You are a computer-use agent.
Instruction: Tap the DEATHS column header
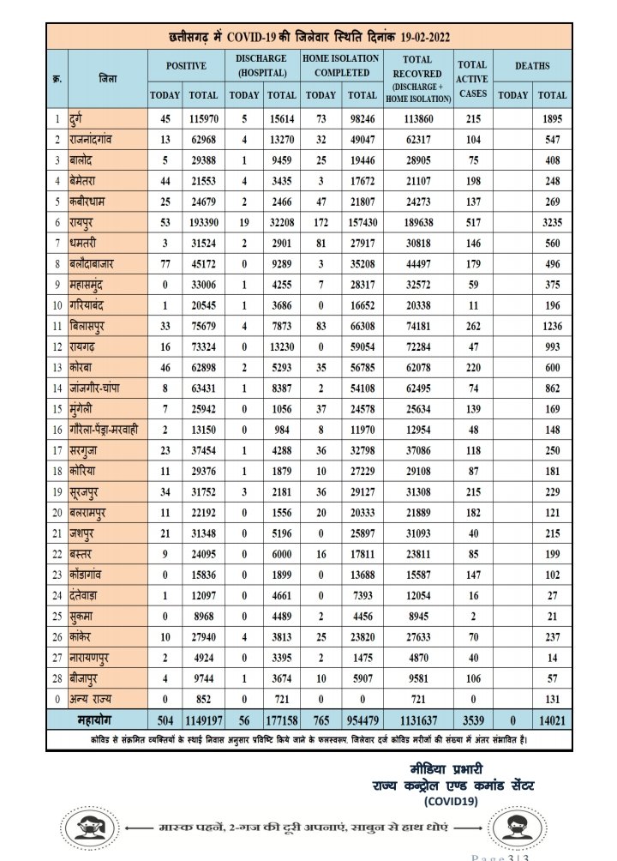pyautogui.click(x=533, y=65)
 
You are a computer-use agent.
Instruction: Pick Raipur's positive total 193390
pyautogui.click(x=202, y=220)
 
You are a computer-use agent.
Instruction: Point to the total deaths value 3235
pyautogui.click(x=552, y=220)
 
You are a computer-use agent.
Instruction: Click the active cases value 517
pyautogui.click(x=472, y=220)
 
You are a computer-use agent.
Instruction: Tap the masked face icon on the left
pyautogui.click(x=87, y=829)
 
